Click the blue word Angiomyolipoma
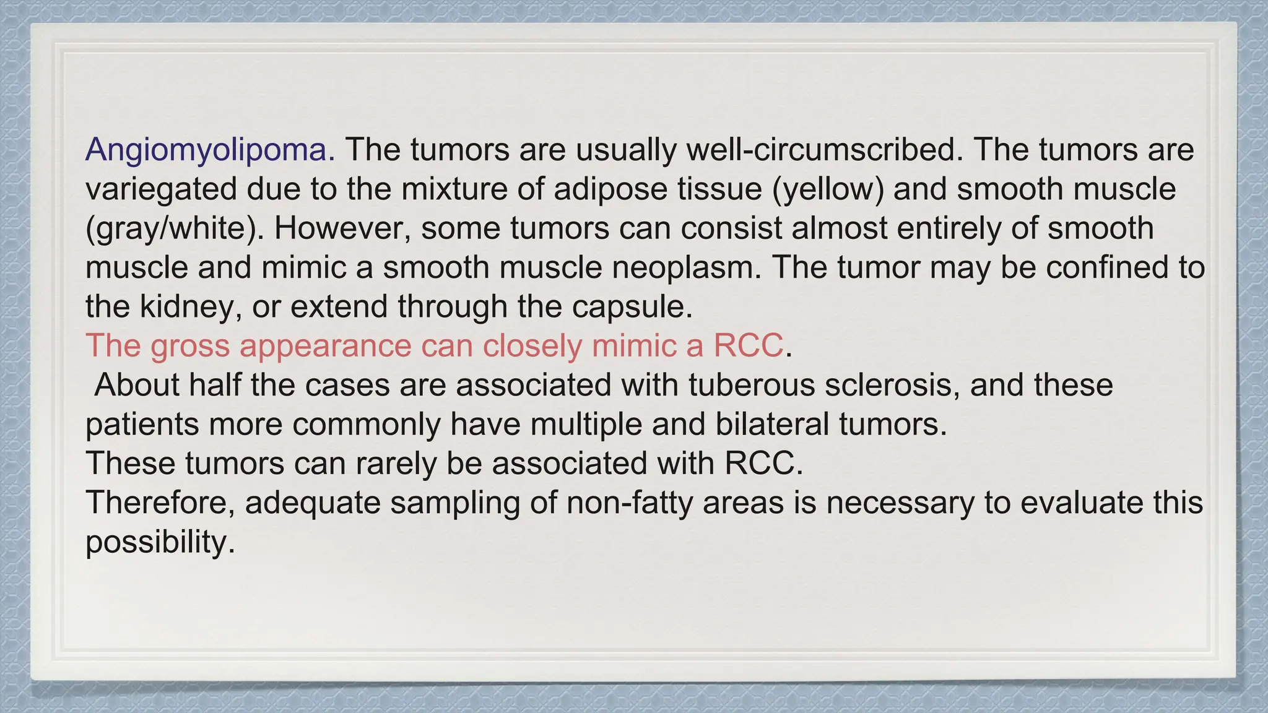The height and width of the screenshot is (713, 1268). pos(210,150)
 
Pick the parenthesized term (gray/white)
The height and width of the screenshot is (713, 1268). pos(175,228)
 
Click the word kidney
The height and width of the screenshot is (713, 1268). pos(191,306)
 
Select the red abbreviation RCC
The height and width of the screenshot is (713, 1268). pos(748,345)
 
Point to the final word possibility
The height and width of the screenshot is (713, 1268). pos(160,542)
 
